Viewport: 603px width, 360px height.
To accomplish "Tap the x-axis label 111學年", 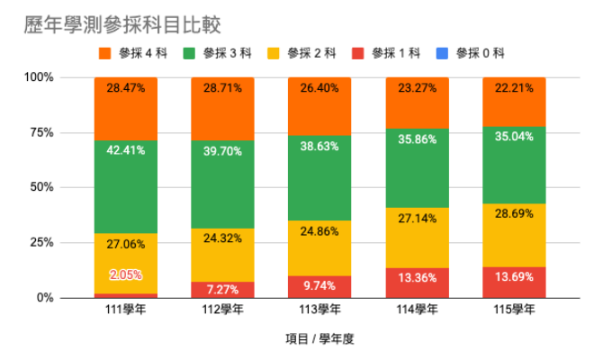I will pos(126,311).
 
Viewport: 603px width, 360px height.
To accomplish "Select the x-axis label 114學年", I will pos(418,311).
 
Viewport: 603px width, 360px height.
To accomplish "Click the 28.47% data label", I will pos(126,88).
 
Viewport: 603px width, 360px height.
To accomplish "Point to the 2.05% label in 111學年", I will pos(126,274).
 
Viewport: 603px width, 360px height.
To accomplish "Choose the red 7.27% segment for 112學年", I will pos(223,290).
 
